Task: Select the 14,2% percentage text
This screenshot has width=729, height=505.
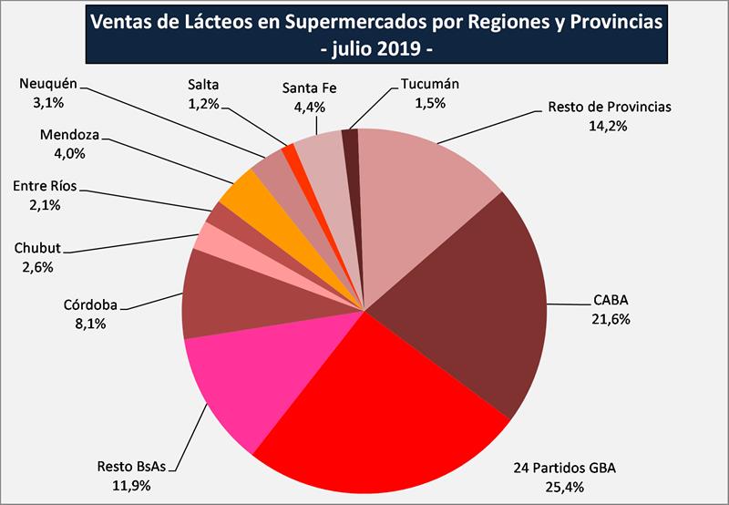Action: click(x=610, y=124)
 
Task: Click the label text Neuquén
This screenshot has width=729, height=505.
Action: click(x=48, y=85)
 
